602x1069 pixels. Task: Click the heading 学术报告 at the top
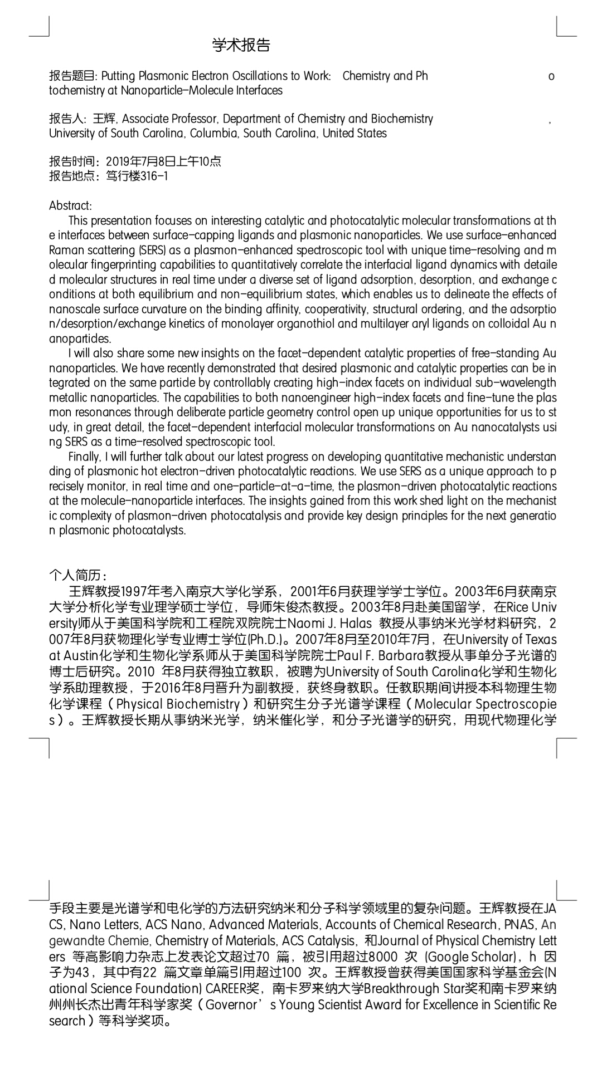point(241,45)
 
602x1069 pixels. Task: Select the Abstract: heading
point(70,205)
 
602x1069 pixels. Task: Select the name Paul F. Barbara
point(373,655)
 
